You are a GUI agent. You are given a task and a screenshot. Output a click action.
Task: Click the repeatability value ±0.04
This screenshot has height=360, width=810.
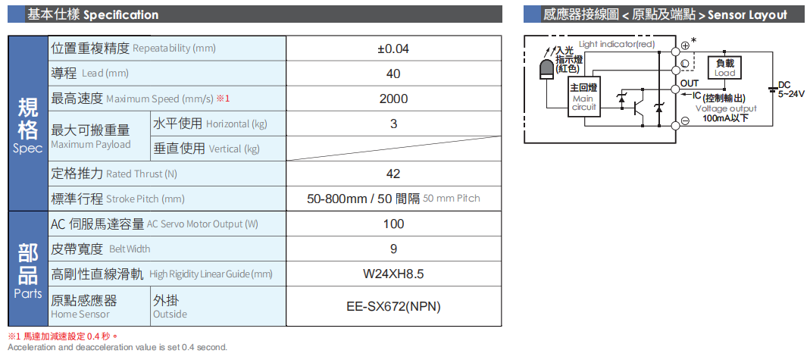[x=392, y=49]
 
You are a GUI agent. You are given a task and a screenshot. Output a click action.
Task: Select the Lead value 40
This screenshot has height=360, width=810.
[x=392, y=74]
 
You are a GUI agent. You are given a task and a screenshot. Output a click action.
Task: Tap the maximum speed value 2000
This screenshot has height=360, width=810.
[x=392, y=99]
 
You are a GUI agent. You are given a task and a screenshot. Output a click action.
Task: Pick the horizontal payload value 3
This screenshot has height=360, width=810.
[x=393, y=124]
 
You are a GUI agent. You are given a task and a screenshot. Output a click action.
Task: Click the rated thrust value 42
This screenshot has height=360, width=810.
[x=392, y=174]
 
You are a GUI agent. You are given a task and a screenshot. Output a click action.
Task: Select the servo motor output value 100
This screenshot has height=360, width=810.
[x=393, y=224]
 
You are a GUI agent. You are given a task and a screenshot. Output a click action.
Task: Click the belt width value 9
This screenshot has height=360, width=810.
[x=393, y=249]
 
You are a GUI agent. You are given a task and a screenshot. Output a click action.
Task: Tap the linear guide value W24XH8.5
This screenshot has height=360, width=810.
[x=393, y=274]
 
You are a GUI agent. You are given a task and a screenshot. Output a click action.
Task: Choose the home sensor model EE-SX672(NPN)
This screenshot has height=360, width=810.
[x=393, y=307]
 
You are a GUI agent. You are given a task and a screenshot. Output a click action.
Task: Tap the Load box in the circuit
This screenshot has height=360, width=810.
[x=724, y=67]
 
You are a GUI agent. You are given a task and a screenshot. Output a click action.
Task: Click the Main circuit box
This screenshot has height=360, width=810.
[x=584, y=97]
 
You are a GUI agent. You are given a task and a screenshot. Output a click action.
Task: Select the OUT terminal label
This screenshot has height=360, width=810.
[x=689, y=83]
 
